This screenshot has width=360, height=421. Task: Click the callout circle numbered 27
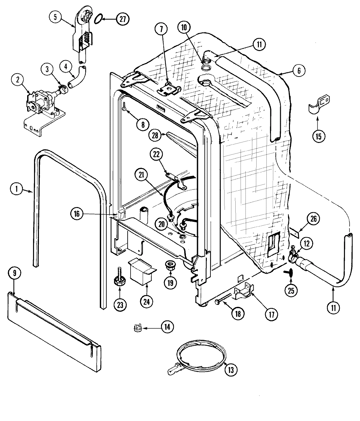[x=122, y=19]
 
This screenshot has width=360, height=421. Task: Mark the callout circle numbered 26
[x=313, y=219]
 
